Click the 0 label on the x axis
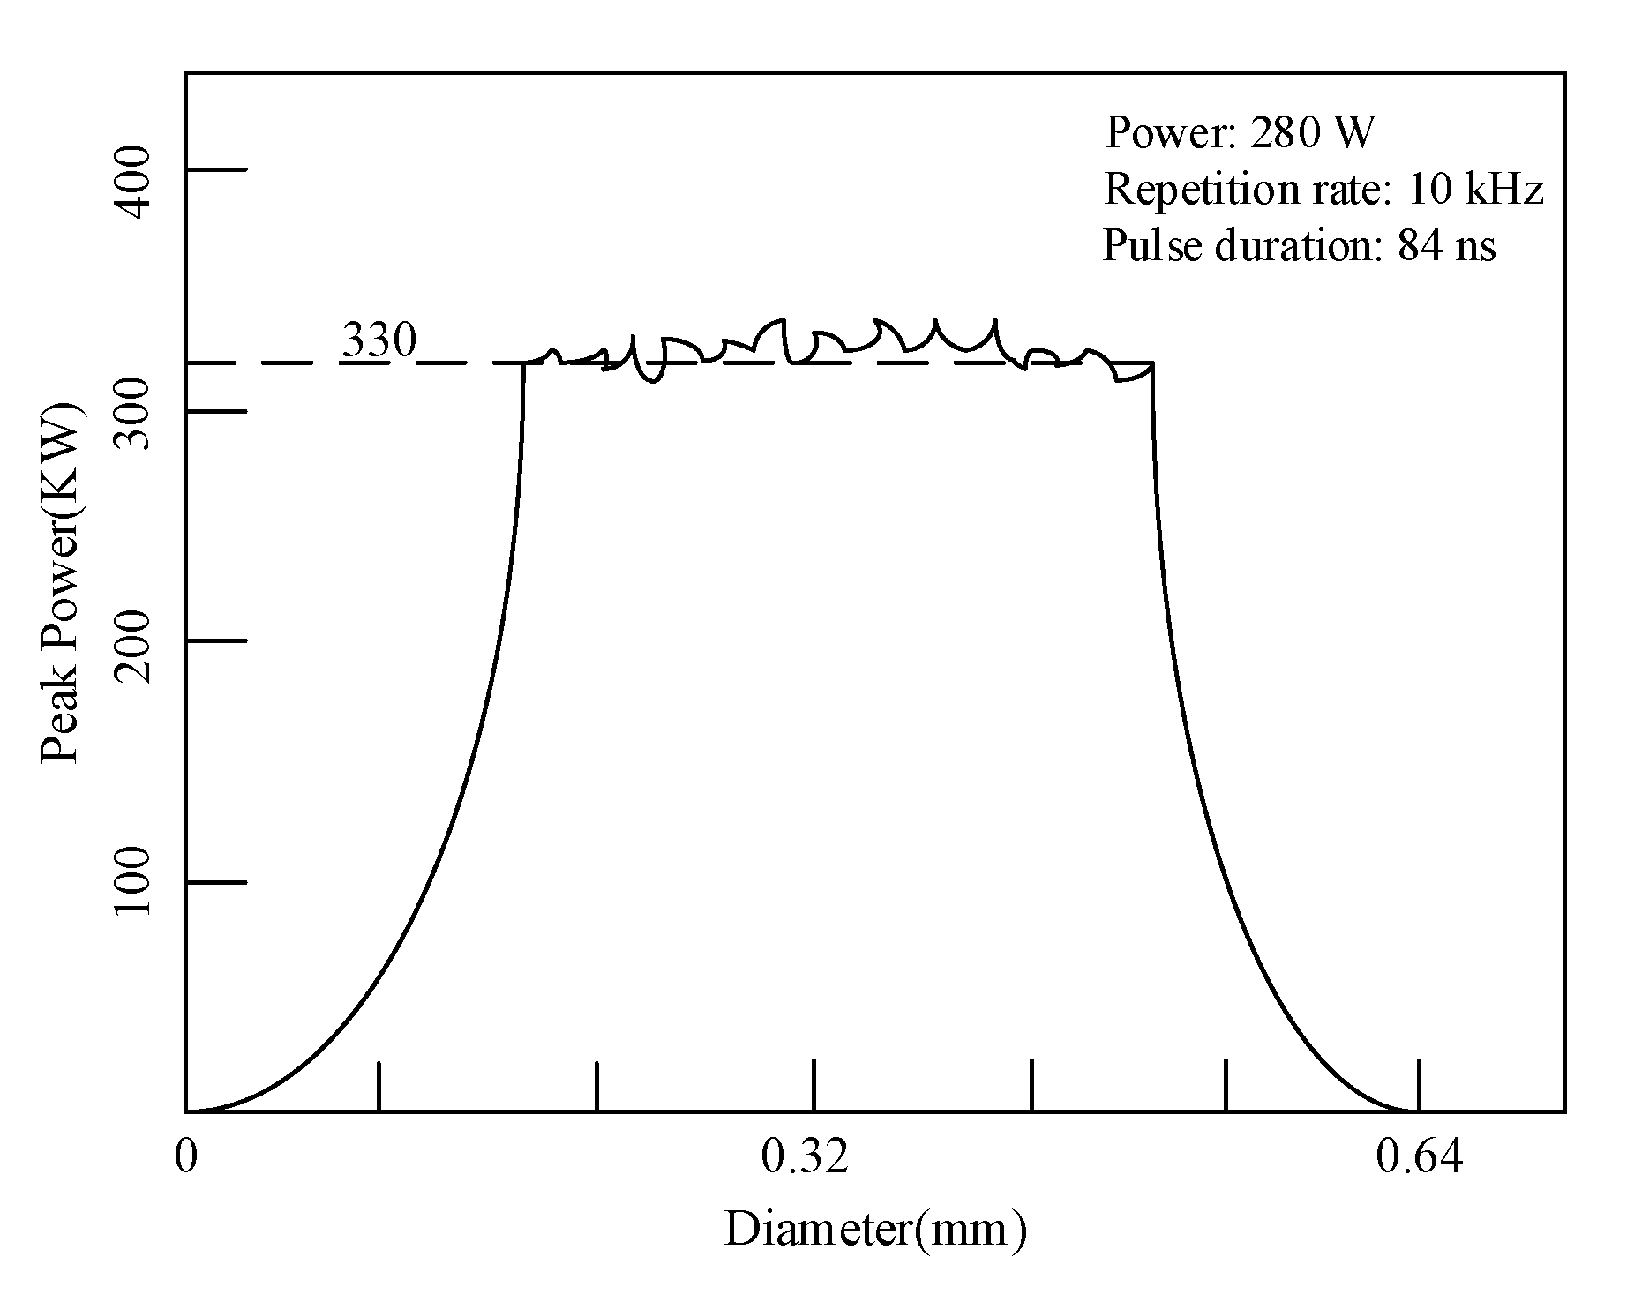[x=185, y=1156]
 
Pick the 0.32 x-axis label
[x=805, y=1156]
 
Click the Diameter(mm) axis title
[x=875, y=1230]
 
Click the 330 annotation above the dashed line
[x=378, y=340]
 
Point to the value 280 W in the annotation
[x=1313, y=133]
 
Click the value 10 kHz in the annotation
[x=1474, y=189]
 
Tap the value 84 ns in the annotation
[x=1447, y=245]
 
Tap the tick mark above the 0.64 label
[x=1419, y=1085]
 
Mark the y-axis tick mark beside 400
[x=216, y=169]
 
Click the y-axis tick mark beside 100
[x=216, y=881]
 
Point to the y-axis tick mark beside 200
[x=216, y=640]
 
